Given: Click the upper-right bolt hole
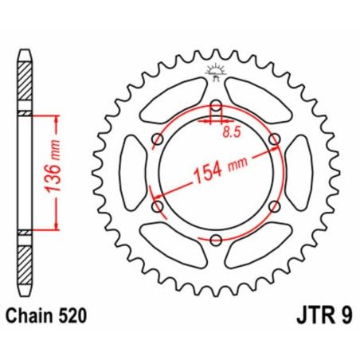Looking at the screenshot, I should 275,140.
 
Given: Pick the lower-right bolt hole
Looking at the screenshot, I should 275,206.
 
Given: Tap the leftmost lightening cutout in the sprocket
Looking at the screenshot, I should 130,173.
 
